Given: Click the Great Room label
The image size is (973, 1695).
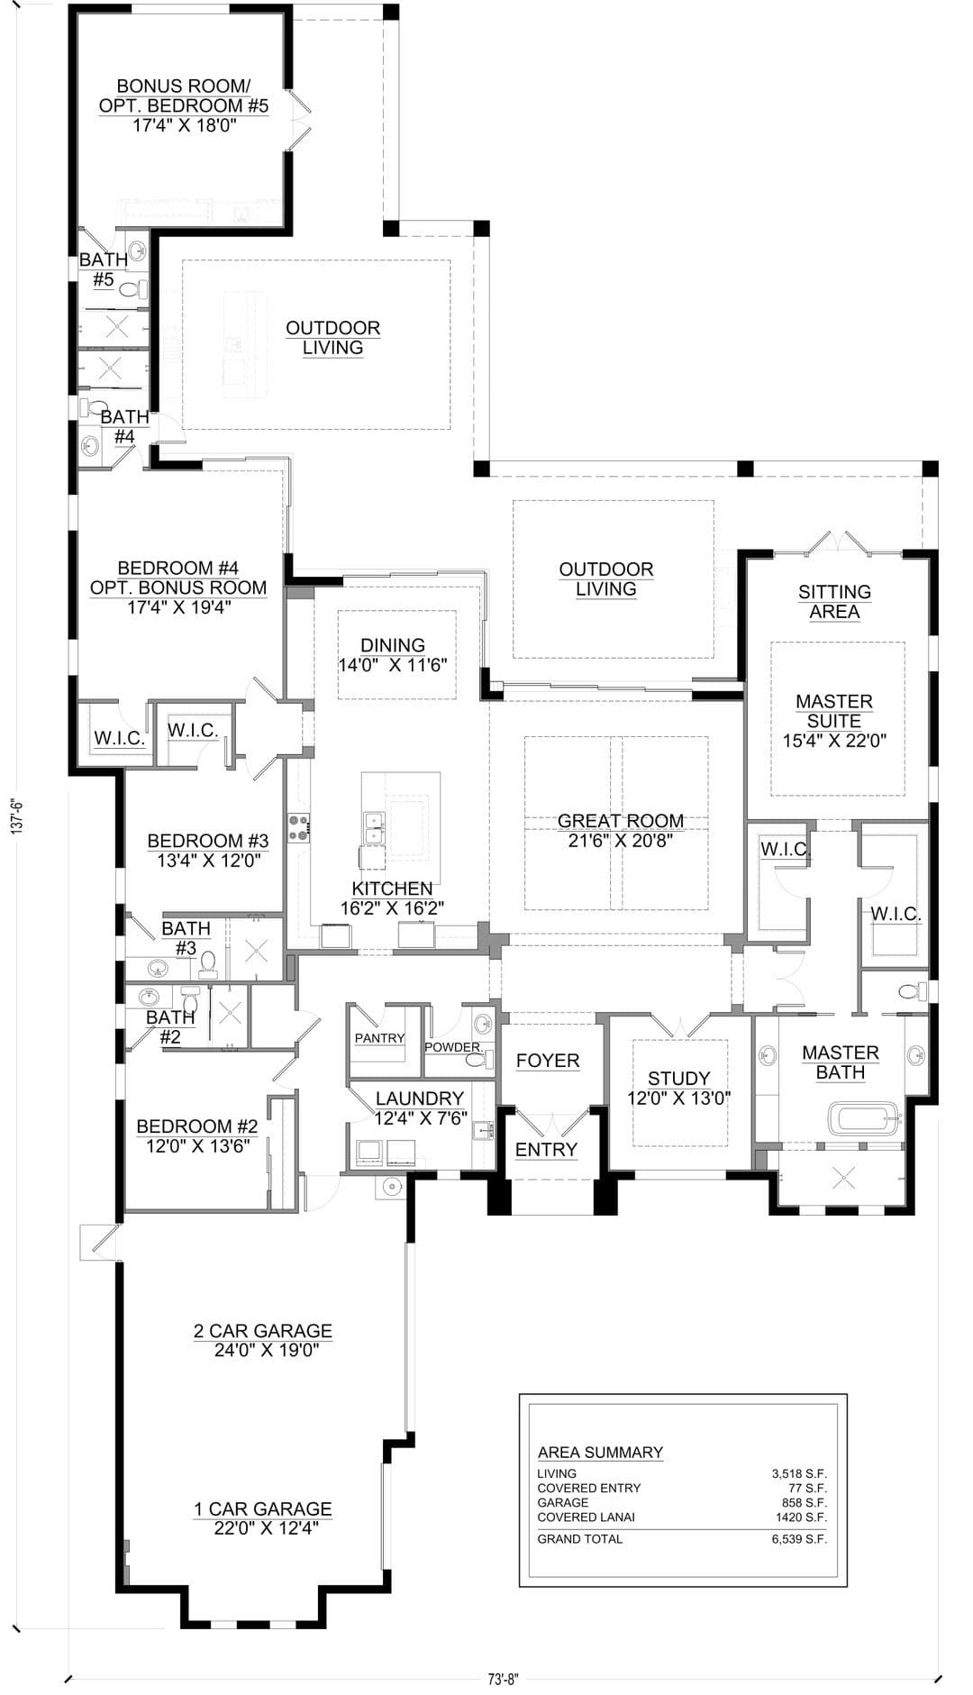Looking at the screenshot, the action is click(x=621, y=821).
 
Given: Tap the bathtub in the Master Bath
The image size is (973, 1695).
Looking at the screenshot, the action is click(x=864, y=1120).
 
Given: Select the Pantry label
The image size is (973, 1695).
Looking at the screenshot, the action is click(x=379, y=1038).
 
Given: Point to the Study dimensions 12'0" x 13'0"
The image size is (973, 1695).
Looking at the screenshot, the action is click(x=678, y=1098).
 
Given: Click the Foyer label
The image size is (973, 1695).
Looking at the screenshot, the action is click(x=548, y=1061).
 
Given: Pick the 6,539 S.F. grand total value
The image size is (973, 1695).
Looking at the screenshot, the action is click(x=799, y=1538).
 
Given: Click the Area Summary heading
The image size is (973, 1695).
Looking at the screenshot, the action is click(x=600, y=1452).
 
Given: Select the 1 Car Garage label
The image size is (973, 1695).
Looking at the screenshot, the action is click(x=263, y=1508).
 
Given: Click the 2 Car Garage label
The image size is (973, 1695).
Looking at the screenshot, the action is click(x=263, y=1331).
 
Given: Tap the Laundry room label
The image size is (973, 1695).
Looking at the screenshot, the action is click(x=420, y=1098).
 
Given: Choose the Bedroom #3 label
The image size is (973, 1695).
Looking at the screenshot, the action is click(x=208, y=841).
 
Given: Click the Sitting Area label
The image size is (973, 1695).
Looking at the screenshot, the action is click(x=834, y=602).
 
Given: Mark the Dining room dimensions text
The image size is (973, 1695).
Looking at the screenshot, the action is click(x=393, y=666).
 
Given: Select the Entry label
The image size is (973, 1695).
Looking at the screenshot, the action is click(x=546, y=1150).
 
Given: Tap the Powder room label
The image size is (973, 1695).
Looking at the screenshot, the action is click(x=452, y=1047).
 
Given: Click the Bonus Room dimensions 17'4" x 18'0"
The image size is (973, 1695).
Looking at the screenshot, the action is click(x=185, y=125).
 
